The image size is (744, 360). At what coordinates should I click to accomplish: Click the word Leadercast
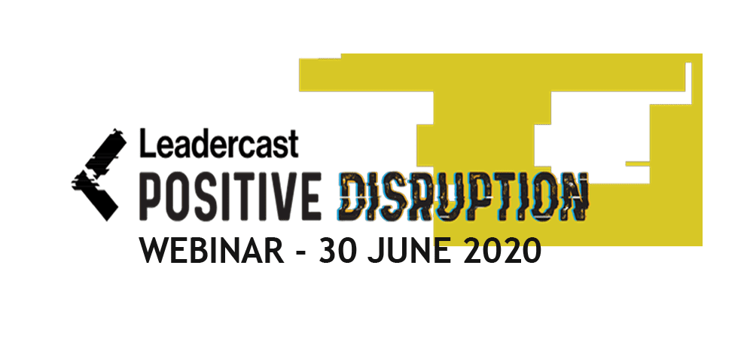[219, 142]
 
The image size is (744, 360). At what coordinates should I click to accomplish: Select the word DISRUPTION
[462, 194]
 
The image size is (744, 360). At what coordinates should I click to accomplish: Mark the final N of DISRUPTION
[572, 194]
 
